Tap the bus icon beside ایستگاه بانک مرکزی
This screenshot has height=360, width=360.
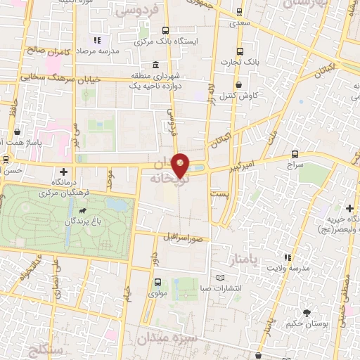[x=166, y=30]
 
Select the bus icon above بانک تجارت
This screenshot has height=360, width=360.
[x=240, y=51]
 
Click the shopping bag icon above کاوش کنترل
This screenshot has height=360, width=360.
[x=239, y=84]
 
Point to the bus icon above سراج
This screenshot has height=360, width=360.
[x=295, y=154]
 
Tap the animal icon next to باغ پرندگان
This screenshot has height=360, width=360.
[x=83, y=210]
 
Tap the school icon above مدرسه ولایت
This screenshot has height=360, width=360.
[x=286, y=258]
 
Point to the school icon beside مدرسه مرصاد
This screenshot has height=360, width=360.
[x=97, y=41]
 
